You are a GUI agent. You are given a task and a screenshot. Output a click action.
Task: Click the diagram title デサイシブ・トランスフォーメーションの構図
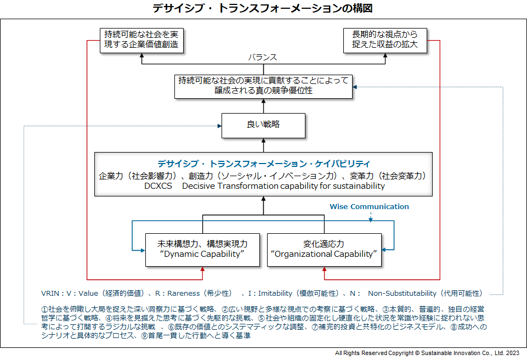[x=263, y=8]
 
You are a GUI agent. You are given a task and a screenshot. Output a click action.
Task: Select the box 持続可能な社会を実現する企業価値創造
[x=141, y=41]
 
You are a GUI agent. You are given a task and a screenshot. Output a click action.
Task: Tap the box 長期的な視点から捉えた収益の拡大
[x=385, y=41]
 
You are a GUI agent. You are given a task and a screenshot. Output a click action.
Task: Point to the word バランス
[x=263, y=58]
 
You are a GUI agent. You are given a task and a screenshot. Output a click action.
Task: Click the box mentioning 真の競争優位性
[x=263, y=87]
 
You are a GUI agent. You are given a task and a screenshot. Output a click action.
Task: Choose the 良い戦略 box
[x=263, y=126]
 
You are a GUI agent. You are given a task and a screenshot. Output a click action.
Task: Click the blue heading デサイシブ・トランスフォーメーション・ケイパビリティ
[x=263, y=164]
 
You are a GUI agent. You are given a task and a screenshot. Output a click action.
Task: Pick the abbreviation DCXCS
[x=158, y=186]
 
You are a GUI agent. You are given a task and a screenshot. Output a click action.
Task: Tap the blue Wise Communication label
[x=369, y=206]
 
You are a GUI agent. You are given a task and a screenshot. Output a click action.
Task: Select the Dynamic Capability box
[x=202, y=250]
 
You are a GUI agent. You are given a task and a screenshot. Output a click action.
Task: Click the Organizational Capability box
[x=324, y=250]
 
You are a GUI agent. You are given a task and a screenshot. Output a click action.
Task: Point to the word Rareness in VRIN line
[x=184, y=294]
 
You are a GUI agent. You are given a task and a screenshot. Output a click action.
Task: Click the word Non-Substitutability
[x=402, y=294]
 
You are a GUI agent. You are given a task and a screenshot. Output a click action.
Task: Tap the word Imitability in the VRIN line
[x=275, y=294]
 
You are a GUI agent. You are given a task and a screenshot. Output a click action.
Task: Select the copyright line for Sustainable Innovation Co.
[x=427, y=353]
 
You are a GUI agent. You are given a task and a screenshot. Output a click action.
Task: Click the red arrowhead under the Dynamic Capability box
[x=202, y=269]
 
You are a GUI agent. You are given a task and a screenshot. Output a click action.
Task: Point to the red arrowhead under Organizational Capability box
[x=324, y=269]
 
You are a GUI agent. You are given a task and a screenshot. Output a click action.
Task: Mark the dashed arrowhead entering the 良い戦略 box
[x=219, y=126]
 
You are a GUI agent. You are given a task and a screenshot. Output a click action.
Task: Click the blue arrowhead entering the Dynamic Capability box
[x=143, y=250]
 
